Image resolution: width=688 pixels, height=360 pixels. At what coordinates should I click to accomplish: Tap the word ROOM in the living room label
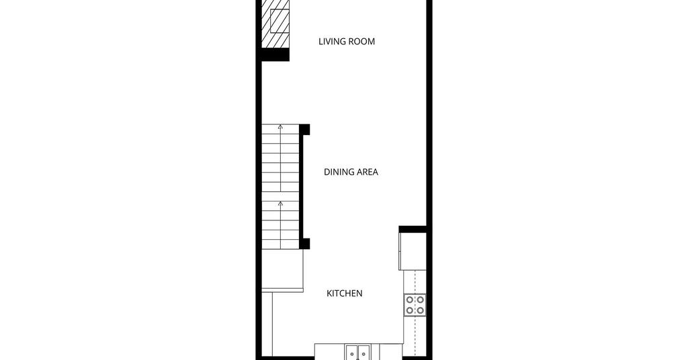(361, 42)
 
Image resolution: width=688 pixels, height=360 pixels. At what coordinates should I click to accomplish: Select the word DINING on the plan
(337, 172)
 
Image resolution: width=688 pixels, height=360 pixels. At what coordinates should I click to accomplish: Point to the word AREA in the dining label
(366, 172)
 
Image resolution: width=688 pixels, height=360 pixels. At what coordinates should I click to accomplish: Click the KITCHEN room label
(345, 294)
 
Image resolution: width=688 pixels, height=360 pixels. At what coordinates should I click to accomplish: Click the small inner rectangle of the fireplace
(279, 21)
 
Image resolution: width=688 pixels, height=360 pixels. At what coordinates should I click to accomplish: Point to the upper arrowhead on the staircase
(280, 127)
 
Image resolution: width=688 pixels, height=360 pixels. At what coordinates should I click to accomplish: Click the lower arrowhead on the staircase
(280, 204)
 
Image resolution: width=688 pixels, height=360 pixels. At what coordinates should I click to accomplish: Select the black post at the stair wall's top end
(304, 130)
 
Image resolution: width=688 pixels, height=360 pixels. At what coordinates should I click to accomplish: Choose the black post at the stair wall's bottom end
(304, 244)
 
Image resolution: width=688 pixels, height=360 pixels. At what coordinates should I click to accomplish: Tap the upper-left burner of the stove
(410, 300)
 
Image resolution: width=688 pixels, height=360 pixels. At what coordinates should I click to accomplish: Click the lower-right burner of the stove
(420, 310)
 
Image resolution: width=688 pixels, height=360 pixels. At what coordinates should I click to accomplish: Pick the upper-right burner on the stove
(420, 300)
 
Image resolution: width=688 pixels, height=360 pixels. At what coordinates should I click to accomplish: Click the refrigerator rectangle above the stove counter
(413, 251)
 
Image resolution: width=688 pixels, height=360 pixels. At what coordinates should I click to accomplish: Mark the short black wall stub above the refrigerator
(413, 229)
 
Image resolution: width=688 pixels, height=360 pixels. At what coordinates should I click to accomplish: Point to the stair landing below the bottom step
(283, 271)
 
